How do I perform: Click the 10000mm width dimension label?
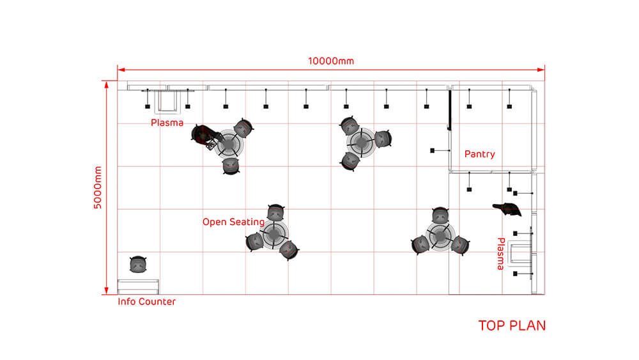point(331,61)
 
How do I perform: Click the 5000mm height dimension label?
point(98,187)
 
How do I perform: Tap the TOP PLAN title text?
point(512,325)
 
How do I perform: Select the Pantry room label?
point(480,154)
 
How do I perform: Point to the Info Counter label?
point(147,302)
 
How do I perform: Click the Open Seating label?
point(233,222)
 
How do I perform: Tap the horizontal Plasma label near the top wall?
point(167,123)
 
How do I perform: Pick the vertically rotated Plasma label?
point(501,254)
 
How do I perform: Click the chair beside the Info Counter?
point(138,264)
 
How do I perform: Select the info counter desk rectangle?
point(138,286)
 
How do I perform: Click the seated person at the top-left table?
point(203,136)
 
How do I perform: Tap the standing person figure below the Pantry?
point(507,208)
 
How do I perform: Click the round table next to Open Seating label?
point(274,233)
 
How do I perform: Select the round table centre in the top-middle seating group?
point(362,143)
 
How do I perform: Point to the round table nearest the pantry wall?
point(440,236)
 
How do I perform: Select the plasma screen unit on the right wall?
point(520,253)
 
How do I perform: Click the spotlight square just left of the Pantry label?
point(433,150)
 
